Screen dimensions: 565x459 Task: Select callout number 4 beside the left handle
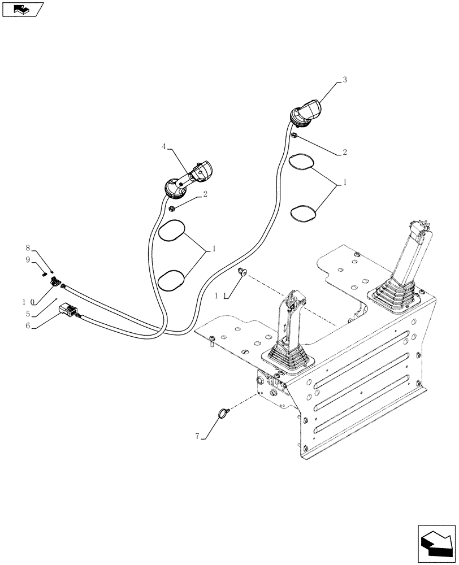[x=163, y=146]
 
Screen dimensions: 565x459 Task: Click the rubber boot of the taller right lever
[x=398, y=294]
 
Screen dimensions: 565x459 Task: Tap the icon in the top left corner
[x=22, y=8]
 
